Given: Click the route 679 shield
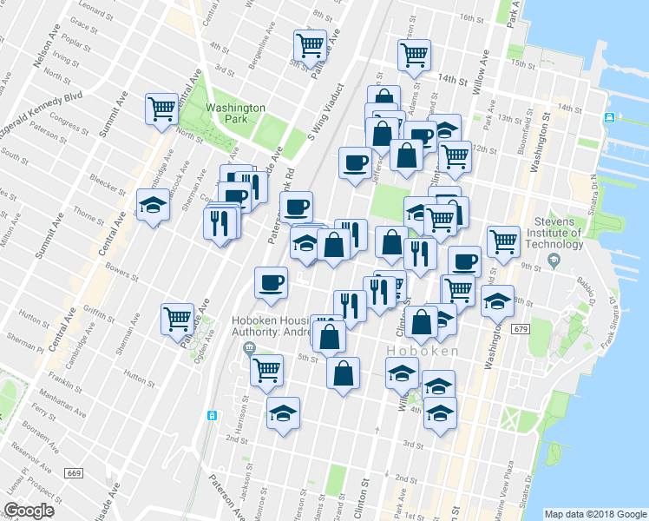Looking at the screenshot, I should point(521,329).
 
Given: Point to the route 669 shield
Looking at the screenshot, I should point(73,472).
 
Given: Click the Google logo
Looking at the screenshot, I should point(29,511).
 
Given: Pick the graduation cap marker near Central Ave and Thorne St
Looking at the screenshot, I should point(154,206).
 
